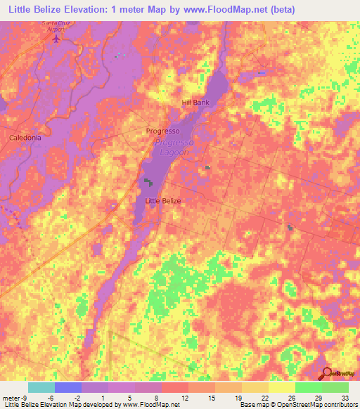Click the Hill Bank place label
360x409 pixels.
point(195,103)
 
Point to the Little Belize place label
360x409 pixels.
point(162,201)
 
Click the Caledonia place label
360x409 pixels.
point(25,138)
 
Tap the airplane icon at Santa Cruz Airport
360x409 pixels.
point(57,37)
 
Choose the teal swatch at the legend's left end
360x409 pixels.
point(41,387)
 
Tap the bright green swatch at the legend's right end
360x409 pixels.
point(335,387)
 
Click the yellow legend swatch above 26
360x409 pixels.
point(281,387)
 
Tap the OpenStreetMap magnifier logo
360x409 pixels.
point(326,374)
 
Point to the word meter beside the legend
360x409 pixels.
point(9,396)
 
